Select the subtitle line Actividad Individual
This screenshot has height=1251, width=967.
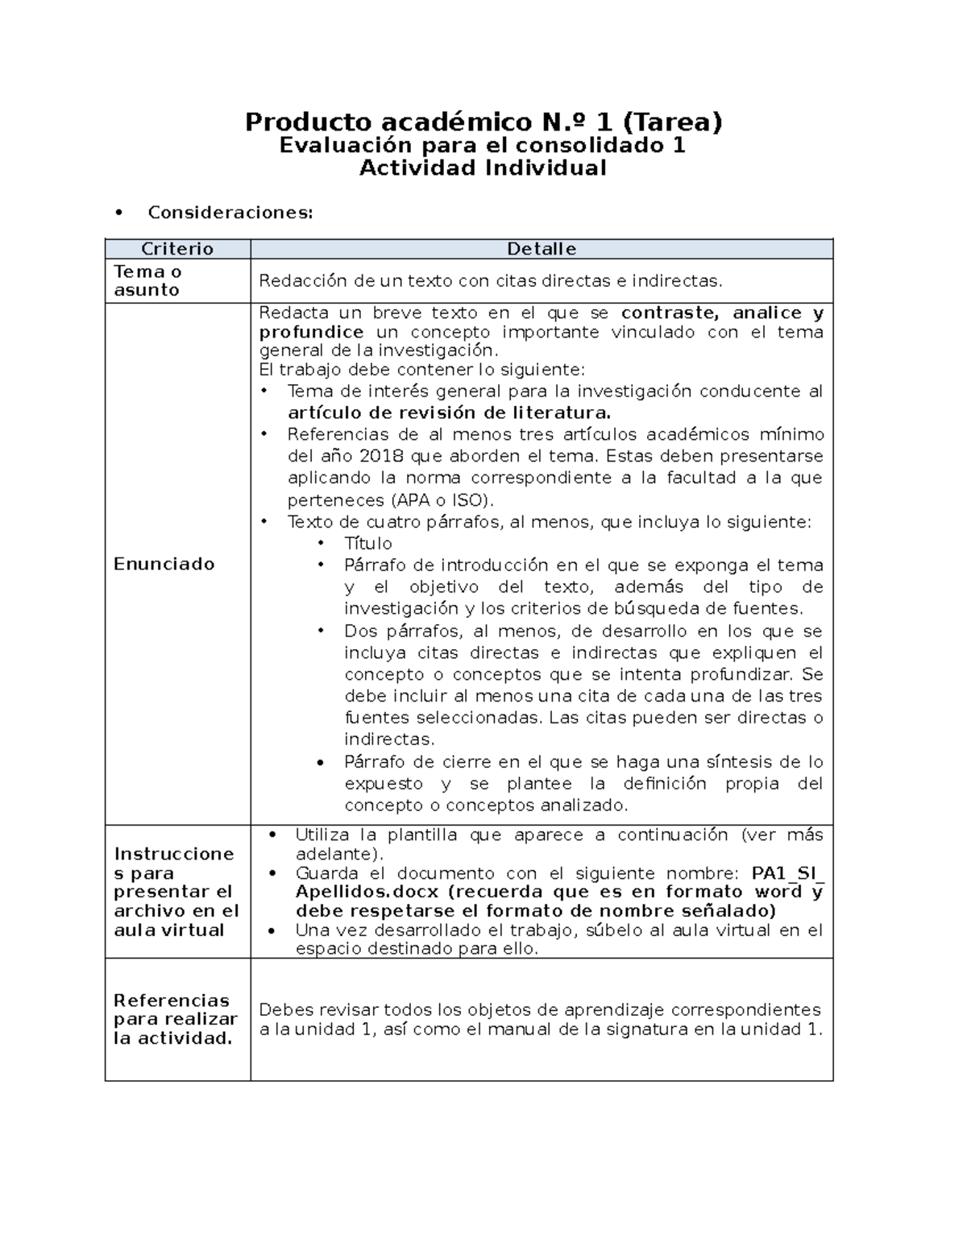[482, 168]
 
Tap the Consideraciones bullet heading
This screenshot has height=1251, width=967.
[230, 213]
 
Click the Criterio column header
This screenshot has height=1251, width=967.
[177, 249]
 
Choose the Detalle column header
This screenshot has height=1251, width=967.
[541, 249]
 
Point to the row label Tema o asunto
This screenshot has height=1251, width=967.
[147, 281]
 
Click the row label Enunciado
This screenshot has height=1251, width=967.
[164, 564]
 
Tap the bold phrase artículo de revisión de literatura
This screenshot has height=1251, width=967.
[449, 413]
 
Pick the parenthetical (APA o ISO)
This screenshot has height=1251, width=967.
[436, 500]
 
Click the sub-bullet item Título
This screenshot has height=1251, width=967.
[368, 544]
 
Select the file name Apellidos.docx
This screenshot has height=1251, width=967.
[367, 893]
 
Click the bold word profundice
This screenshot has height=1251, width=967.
[311, 333]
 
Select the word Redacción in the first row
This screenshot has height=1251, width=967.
[304, 281]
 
